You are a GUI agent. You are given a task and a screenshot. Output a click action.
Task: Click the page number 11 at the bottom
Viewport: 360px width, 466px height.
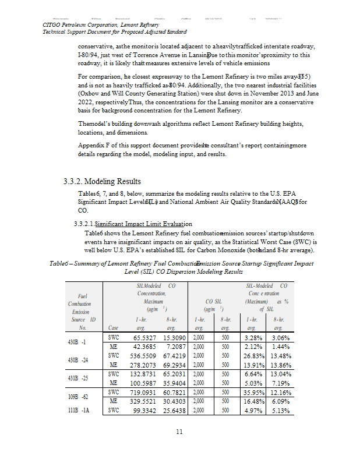click(179, 431)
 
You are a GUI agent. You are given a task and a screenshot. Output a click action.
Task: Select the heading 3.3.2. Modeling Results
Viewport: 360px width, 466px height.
click(102, 181)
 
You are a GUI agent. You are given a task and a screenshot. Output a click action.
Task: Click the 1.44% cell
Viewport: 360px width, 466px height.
click(280, 348)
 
